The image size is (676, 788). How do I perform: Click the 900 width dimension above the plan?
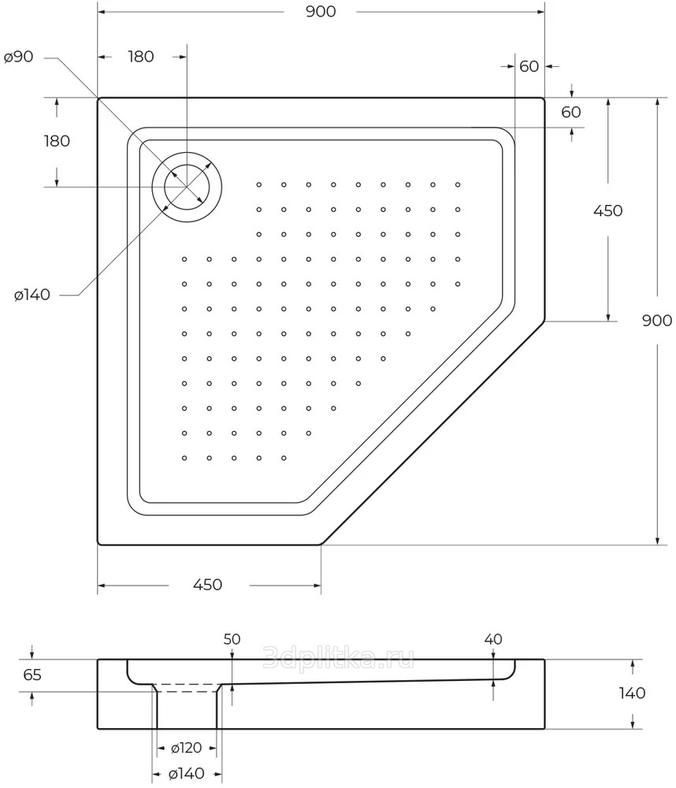[x=321, y=12]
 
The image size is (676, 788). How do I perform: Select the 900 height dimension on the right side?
[x=657, y=320]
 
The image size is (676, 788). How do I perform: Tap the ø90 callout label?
[x=19, y=57]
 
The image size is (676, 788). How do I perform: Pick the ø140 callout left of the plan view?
[x=32, y=295]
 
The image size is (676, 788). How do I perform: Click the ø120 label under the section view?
[x=186, y=748]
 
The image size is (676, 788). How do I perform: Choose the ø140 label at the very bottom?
[x=187, y=774]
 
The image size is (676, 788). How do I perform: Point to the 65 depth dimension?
[x=32, y=675]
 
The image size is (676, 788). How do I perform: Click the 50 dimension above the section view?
[x=232, y=639]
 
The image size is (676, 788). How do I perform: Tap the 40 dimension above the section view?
[x=493, y=639]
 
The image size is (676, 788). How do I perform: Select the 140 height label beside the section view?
[x=632, y=693]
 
